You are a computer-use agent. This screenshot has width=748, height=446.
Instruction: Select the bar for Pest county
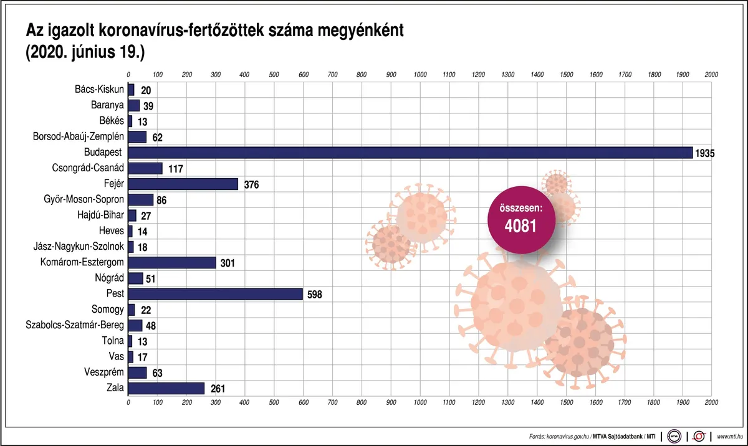tap(215, 294)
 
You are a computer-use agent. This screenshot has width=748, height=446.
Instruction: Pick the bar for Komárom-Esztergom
tap(172, 263)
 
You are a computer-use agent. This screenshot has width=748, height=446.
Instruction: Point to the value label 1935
tap(706, 153)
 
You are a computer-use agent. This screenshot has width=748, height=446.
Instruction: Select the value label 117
tap(175, 169)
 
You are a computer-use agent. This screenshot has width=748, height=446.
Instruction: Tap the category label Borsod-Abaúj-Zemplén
tap(79, 136)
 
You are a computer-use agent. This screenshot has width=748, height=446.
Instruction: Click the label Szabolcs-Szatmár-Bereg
tap(75, 325)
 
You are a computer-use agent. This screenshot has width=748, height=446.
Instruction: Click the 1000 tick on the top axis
tap(420, 75)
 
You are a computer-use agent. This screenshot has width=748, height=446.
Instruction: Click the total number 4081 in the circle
tap(520, 225)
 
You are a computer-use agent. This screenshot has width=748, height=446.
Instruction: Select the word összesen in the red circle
tap(520, 208)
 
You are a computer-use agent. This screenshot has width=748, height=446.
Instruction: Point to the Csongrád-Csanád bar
tap(145, 168)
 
